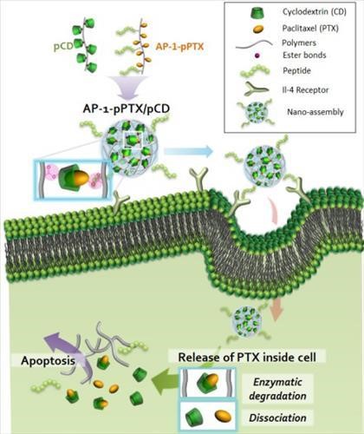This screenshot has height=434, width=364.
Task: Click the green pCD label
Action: (x=63, y=47)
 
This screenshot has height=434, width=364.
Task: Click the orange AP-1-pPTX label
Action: (x=179, y=46)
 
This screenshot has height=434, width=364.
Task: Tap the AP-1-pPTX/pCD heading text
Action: (x=125, y=108)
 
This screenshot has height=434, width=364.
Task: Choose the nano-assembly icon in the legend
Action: (x=255, y=112)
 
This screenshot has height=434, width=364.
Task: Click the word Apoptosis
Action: (x=48, y=361)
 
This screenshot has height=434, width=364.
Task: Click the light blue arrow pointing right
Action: (x=188, y=151)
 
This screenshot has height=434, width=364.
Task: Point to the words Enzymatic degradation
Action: (x=277, y=389)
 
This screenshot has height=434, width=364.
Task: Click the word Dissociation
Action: (x=277, y=418)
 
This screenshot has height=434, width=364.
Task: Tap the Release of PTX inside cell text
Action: (x=247, y=358)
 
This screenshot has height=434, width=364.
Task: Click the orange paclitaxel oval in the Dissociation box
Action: (x=223, y=416)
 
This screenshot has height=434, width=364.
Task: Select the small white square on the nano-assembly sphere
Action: (x=133, y=140)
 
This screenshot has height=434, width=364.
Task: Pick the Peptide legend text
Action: (x=296, y=70)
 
